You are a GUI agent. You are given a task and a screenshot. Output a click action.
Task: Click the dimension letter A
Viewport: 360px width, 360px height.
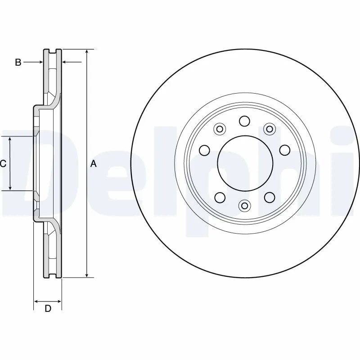[x=94, y=164]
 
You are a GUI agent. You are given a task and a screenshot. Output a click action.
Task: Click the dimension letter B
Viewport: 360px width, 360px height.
[x=18, y=63]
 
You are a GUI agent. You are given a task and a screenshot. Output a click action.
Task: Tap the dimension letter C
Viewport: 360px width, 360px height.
[x=3, y=164]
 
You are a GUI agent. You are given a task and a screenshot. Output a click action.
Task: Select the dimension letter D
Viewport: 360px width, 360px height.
[x=48, y=308]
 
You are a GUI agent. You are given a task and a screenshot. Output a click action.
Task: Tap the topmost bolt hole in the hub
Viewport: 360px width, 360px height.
[x=244, y=121]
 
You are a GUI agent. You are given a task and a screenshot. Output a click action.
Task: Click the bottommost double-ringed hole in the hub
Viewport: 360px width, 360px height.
[x=244, y=206]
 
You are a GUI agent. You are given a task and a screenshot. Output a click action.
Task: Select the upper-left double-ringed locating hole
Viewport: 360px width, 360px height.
[x=220, y=130]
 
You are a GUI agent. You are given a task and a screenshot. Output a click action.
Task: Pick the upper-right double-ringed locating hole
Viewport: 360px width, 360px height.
[x=269, y=130]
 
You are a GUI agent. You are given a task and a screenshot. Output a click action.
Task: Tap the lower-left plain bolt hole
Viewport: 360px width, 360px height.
[x=220, y=197]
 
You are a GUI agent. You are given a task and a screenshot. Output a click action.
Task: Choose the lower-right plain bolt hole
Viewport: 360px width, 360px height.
[x=269, y=197]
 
